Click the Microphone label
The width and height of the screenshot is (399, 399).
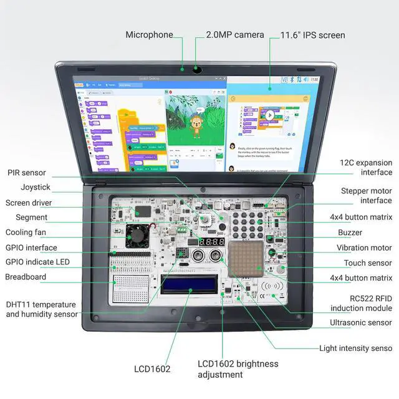149,35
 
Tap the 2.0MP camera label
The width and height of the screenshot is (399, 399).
235,35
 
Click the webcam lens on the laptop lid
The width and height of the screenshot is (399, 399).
196,69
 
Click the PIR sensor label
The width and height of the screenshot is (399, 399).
27,173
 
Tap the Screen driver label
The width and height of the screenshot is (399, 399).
29,203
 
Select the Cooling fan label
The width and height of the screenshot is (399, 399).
27,233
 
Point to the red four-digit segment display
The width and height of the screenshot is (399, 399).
211,241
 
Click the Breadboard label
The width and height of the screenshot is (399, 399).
26,277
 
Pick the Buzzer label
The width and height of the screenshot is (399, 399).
350,233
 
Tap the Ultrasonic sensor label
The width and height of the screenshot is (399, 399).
361,323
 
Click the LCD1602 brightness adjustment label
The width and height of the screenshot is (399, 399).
238,369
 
